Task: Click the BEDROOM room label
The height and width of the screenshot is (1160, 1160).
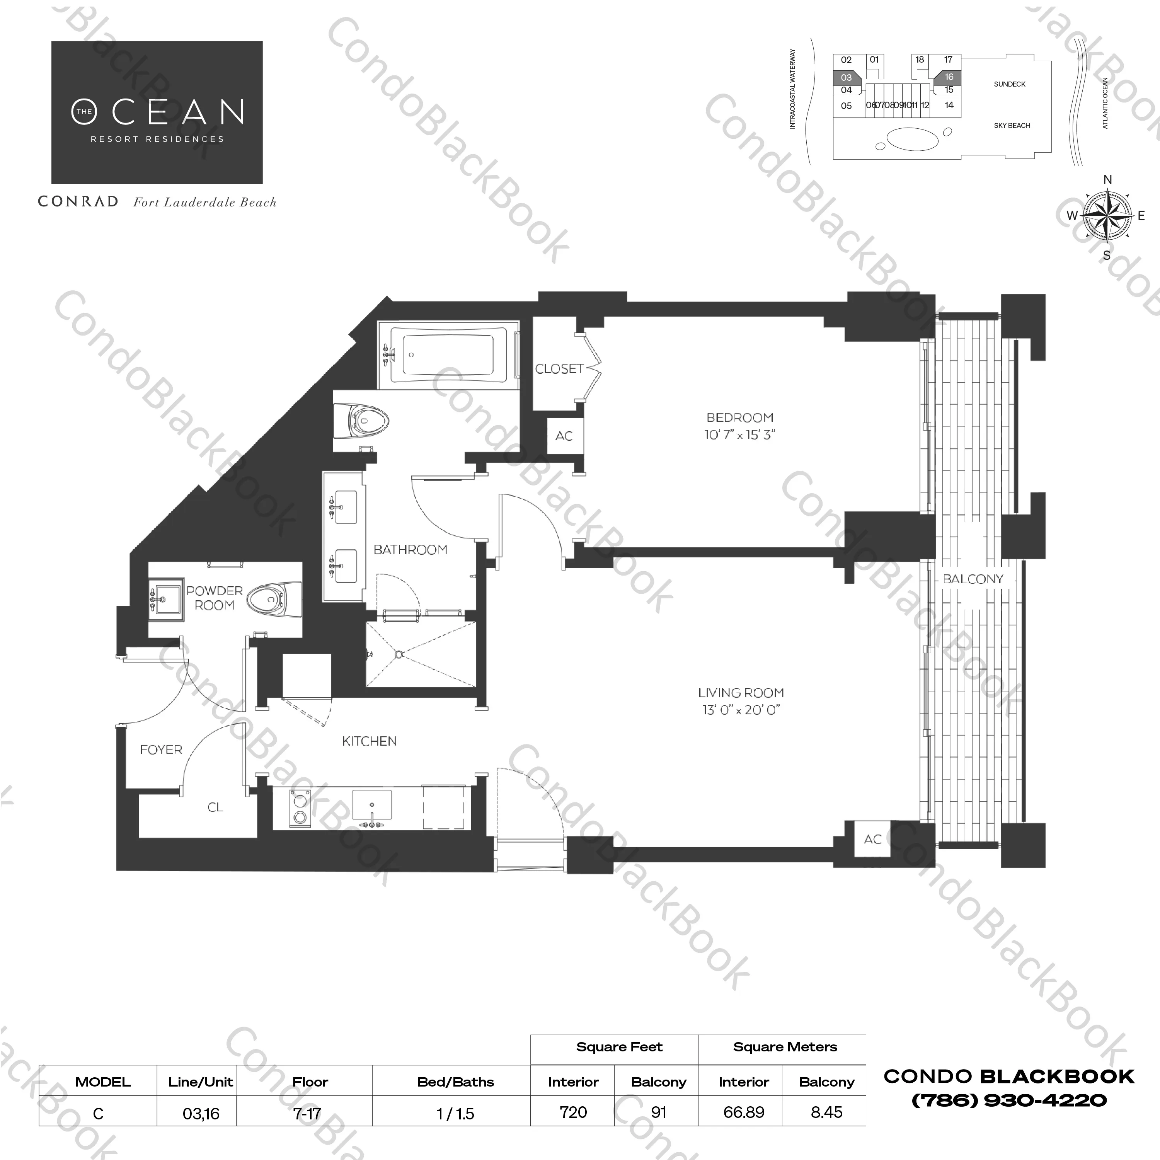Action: [x=740, y=417]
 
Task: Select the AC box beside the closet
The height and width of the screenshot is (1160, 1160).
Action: [x=564, y=436]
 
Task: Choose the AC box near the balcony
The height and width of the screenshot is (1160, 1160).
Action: [x=872, y=840]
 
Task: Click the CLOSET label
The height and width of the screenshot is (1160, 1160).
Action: [x=559, y=369]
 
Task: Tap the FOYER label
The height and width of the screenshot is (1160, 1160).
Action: [x=161, y=749]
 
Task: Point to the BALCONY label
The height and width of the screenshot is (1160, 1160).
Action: [x=973, y=579]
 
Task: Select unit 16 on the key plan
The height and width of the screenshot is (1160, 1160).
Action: [x=949, y=77]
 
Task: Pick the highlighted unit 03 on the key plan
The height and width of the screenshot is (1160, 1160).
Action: [x=846, y=77]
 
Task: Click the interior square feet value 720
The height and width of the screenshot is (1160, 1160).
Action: [x=573, y=1112]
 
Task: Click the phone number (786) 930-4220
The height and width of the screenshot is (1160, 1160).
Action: [x=1009, y=1100]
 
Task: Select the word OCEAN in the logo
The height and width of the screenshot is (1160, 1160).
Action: [x=158, y=112]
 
